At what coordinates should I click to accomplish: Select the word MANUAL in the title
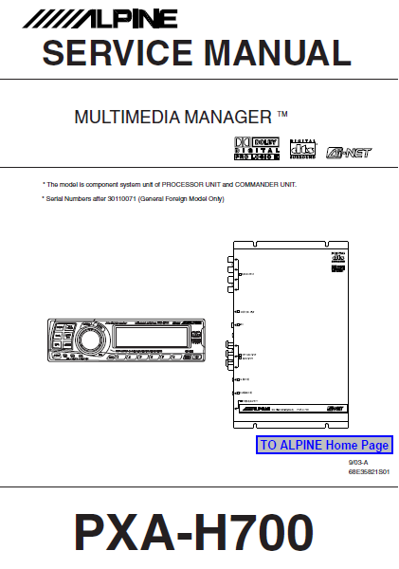274,54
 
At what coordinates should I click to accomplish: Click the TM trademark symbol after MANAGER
282,116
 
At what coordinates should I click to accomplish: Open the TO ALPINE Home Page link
323,445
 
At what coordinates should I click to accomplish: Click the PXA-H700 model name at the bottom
193,534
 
